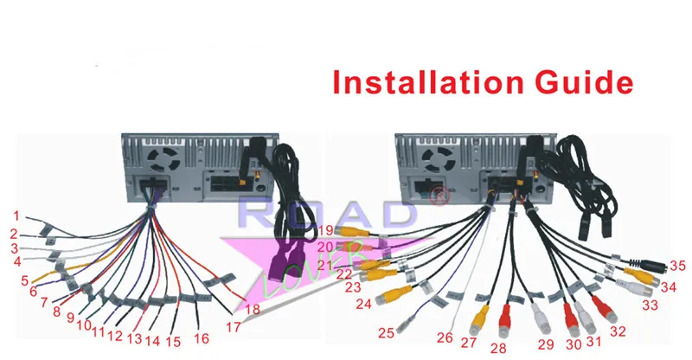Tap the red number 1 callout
point(16,215)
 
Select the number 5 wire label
point(25,280)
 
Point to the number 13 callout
point(134,337)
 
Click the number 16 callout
point(202,337)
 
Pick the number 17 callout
point(232,327)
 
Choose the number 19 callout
point(324,230)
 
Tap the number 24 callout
point(362,303)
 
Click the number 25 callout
point(386,331)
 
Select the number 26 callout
point(445,337)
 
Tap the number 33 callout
point(649,305)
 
